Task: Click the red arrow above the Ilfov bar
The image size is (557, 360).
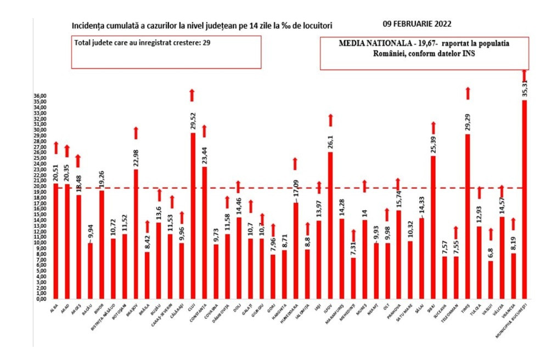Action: (330, 120)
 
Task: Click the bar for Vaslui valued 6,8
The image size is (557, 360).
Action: (490, 280)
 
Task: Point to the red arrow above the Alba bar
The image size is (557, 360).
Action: (55, 147)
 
